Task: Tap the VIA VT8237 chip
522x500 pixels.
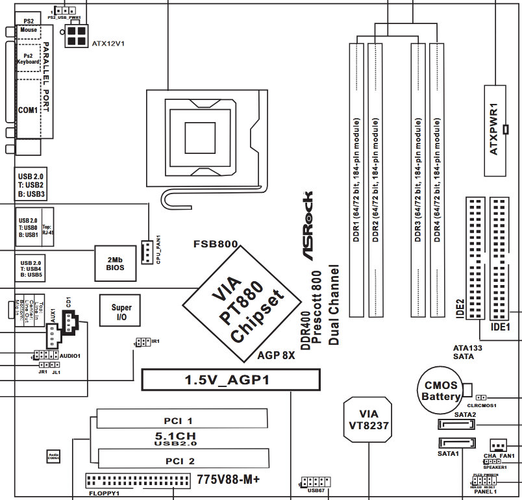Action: click(368, 419)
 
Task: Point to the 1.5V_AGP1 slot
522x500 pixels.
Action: click(230, 380)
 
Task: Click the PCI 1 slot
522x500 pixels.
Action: click(181, 419)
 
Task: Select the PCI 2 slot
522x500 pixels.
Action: click(181, 458)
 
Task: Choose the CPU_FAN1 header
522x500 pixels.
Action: click(147, 249)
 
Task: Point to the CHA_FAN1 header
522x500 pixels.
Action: click(498, 445)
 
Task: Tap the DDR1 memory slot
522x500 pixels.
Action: click(356, 179)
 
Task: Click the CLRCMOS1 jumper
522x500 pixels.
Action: click(481, 396)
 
